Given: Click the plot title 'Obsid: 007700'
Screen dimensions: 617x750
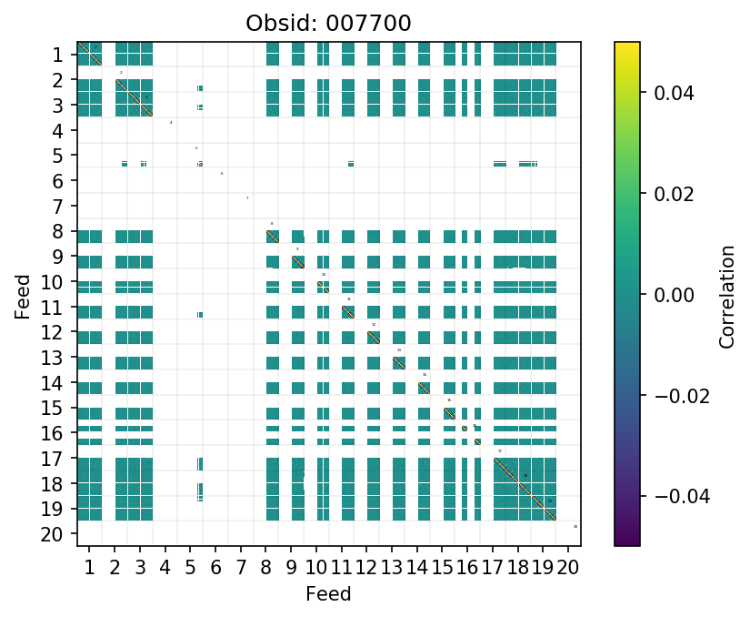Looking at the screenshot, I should tap(328, 23).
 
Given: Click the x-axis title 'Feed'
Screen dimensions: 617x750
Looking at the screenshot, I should tap(328, 594).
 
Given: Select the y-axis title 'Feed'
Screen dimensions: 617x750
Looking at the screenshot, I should tap(23, 295).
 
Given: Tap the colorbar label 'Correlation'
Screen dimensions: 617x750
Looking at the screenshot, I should tap(726, 295).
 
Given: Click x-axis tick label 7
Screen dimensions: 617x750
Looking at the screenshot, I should tap(240, 569).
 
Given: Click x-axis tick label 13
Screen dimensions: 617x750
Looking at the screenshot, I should tap(392, 569).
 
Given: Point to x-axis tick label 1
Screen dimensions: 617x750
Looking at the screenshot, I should tap(89, 569).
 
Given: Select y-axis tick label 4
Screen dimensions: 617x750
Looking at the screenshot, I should tap(57, 131).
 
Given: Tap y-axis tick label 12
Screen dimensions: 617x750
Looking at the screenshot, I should tap(52, 333).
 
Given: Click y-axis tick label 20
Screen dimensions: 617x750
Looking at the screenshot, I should tap(52, 534).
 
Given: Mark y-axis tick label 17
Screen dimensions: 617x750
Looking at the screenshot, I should tap(52, 459).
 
